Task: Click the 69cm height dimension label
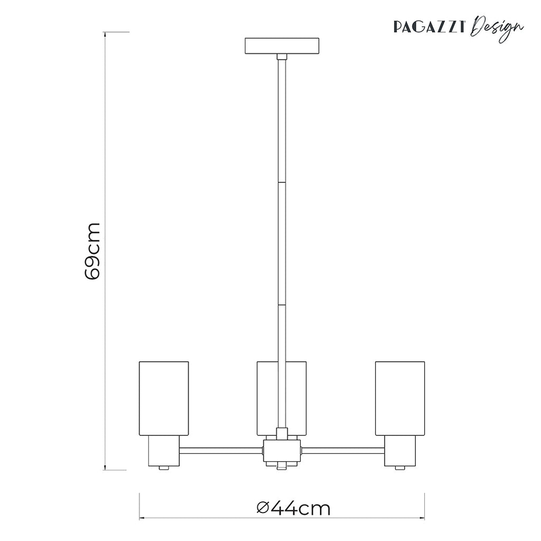pos(92,251)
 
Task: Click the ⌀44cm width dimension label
pos(294,508)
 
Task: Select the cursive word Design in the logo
pos(497,28)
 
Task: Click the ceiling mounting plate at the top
pos(282,45)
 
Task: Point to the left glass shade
pos(164,398)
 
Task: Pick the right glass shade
pos(400,398)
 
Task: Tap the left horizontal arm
pos(221,451)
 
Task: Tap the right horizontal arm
pos(343,451)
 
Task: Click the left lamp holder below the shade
pos(164,451)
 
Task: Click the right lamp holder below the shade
pos(400,451)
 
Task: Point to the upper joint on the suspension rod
pos(282,182)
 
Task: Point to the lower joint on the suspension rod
pos(282,305)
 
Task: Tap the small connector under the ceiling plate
pos(282,57)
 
